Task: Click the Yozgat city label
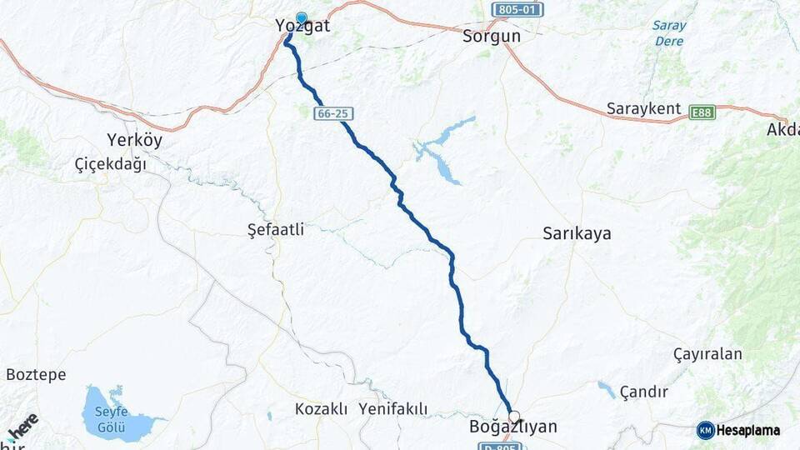click(302, 27)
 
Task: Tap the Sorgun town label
click(492, 36)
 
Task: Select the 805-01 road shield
click(517, 10)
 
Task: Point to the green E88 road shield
click(702, 112)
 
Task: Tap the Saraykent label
click(644, 109)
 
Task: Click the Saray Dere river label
click(669, 33)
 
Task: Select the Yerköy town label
click(135, 140)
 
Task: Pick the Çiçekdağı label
click(111, 164)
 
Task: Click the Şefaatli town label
click(278, 228)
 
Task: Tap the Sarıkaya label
click(577, 233)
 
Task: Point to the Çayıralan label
click(707, 354)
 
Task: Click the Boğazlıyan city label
click(513, 427)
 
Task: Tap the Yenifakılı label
click(393, 409)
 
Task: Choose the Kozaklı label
click(321, 409)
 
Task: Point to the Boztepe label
click(36, 375)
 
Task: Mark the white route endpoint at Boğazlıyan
click(514, 416)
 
